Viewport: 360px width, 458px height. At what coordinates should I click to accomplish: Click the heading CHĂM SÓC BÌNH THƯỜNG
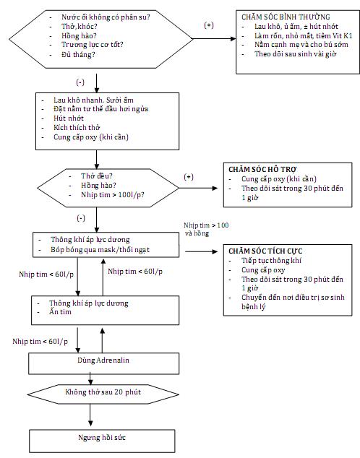pyautogui.click(x=286, y=17)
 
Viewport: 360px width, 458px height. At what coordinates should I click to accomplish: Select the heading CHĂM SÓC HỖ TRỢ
pyautogui.click(x=262, y=170)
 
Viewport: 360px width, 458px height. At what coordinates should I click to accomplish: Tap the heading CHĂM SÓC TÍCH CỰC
pyautogui.click(x=265, y=251)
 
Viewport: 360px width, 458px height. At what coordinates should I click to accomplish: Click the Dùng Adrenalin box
pyautogui.click(x=103, y=363)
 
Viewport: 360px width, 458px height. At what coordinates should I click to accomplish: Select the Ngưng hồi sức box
pyautogui.click(x=102, y=441)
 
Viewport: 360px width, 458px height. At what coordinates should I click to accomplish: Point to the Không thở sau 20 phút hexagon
pyautogui.click(x=103, y=394)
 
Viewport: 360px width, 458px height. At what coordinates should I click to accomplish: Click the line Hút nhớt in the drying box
pyautogui.click(x=69, y=118)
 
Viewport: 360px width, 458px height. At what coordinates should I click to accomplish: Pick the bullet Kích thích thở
pyautogui.click(x=77, y=128)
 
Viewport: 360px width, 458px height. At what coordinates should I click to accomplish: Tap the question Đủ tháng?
pyautogui.click(x=78, y=55)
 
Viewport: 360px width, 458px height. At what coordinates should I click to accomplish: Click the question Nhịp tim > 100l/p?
pyautogui.click(x=113, y=195)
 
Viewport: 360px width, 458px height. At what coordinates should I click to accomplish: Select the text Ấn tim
pyautogui.click(x=60, y=311)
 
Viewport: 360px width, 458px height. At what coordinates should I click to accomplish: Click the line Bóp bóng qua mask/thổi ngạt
pyautogui.click(x=100, y=250)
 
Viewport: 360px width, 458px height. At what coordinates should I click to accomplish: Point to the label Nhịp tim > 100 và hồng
pyautogui.click(x=206, y=229)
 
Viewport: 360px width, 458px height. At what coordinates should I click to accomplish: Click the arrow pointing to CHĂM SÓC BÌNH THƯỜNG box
pyautogui.click(x=214, y=38)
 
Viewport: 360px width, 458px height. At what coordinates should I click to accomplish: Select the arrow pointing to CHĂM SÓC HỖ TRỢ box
pyautogui.click(x=198, y=188)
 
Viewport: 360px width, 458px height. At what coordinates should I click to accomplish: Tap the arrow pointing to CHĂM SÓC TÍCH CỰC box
pyautogui.click(x=202, y=251)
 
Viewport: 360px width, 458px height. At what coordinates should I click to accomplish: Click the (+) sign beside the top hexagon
pyautogui.click(x=209, y=25)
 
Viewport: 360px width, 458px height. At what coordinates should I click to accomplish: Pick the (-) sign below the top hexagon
pyautogui.click(x=80, y=82)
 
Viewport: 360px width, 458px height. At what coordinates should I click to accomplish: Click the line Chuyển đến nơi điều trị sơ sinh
pyautogui.click(x=293, y=298)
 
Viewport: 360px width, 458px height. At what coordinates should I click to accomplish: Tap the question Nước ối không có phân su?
pyautogui.click(x=106, y=17)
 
